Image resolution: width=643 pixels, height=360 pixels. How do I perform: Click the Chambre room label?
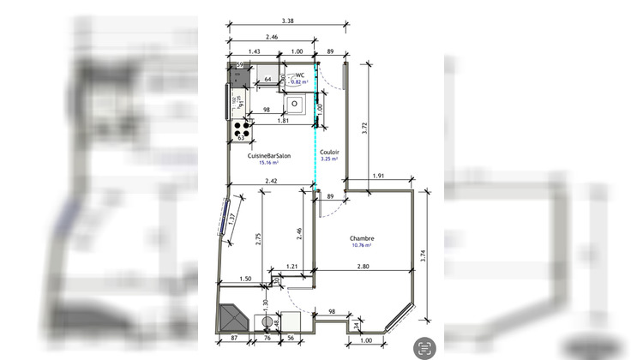pyautogui.click(x=365, y=239)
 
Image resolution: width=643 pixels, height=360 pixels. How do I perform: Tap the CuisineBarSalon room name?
pyautogui.click(x=269, y=155)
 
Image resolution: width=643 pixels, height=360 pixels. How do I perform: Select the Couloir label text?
pyautogui.click(x=329, y=150)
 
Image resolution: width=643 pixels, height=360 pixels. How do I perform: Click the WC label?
pyautogui.click(x=300, y=75)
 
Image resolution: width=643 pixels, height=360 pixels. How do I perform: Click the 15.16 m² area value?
pyautogui.click(x=269, y=163)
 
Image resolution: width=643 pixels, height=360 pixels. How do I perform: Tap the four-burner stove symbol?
pyautogui.click(x=242, y=130)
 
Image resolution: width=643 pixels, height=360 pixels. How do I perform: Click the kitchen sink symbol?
pyautogui.click(x=292, y=105)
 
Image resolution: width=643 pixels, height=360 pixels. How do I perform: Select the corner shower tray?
pyautogui.click(x=232, y=320)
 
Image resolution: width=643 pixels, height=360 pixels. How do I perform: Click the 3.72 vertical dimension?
pyautogui.click(x=365, y=129)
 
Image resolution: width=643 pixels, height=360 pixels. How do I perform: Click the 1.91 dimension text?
pyautogui.click(x=378, y=177)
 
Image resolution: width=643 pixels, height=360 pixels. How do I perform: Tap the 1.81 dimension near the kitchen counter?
pyautogui.click(x=283, y=121)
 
